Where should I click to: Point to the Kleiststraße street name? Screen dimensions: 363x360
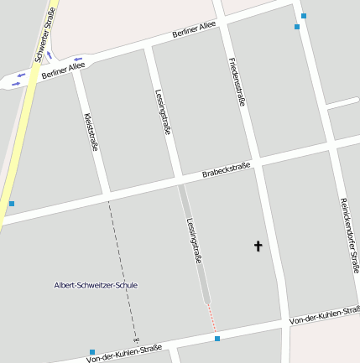(92, 132)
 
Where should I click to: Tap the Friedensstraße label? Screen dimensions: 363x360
(237, 80)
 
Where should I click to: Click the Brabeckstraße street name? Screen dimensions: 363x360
(227, 171)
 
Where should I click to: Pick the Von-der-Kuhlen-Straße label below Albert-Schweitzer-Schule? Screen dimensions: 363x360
(124, 354)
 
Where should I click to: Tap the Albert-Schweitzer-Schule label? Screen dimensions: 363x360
(95, 285)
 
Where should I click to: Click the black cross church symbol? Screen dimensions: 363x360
(258, 246)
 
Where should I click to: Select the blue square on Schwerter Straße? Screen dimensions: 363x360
(11, 204)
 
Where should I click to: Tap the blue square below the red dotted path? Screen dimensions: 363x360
(217, 339)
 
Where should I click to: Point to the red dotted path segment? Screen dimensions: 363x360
(212, 317)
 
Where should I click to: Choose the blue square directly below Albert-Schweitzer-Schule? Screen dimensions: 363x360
(92, 352)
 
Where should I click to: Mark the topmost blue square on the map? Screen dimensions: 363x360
(304, 15)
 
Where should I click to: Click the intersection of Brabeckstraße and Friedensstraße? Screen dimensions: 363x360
(258, 162)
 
